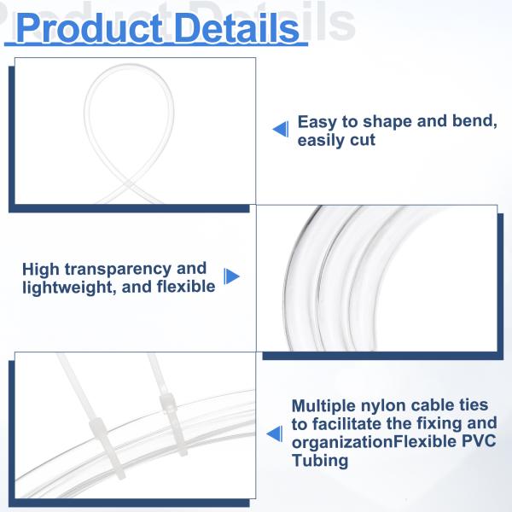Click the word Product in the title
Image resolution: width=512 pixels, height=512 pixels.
pos(89,28)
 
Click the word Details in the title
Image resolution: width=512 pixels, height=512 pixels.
pos(237,28)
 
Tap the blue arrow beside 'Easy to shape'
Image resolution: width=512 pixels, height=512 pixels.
pos(281,130)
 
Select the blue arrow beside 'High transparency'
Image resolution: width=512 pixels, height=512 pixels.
pos(231,276)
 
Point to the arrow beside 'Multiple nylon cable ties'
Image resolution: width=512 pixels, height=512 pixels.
pos(274,434)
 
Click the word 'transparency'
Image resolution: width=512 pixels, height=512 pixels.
pos(119,270)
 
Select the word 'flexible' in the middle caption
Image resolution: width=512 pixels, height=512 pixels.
pos(186,287)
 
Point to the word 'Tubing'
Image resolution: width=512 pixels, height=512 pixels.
pos(320,461)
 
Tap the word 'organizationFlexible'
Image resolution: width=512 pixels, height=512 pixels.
pos(375,442)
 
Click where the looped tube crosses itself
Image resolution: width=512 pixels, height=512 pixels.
pos(129,185)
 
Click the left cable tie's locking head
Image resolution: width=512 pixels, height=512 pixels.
pos(98,428)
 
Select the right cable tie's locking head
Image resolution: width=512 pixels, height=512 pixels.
pos(167,404)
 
